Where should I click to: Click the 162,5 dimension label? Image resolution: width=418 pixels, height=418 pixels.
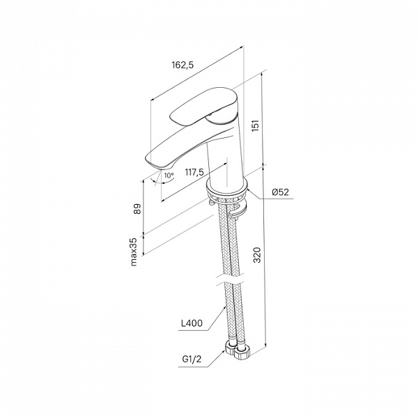(x=183, y=65)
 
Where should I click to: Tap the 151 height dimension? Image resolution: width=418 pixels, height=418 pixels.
(x=256, y=125)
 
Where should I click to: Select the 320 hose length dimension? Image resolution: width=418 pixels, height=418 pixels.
(x=256, y=255)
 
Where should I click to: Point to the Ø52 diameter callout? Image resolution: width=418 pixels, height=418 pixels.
(x=280, y=192)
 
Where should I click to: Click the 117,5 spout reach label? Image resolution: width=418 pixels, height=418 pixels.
(x=194, y=172)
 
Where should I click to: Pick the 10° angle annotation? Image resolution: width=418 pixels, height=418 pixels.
(x=169, y=176)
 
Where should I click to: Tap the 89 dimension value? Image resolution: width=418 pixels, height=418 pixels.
(x=137, y=209)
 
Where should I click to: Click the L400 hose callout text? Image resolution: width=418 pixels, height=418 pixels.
(x=192, y=323)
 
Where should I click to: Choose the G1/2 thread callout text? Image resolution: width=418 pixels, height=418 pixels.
(x=192, y=359)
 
